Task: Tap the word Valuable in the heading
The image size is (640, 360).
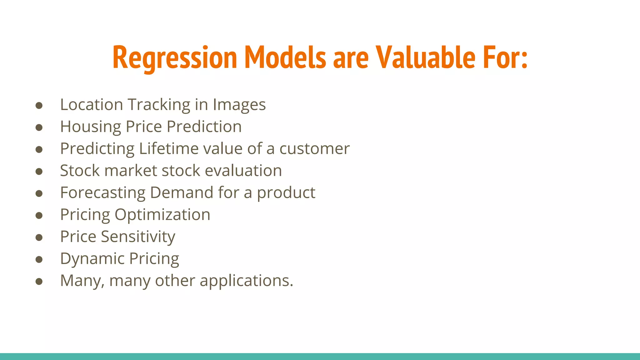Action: (425, 57)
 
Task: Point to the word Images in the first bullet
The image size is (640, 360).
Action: (239, 105)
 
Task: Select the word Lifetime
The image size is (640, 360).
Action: (169, 149)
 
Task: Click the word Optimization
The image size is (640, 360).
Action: (162, 215)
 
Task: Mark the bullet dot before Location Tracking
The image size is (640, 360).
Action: (39, 106)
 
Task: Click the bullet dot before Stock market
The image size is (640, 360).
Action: (39, 172)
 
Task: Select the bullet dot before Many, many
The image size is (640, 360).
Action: (39, 282)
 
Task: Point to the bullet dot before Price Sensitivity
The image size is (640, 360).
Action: (39, 237)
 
